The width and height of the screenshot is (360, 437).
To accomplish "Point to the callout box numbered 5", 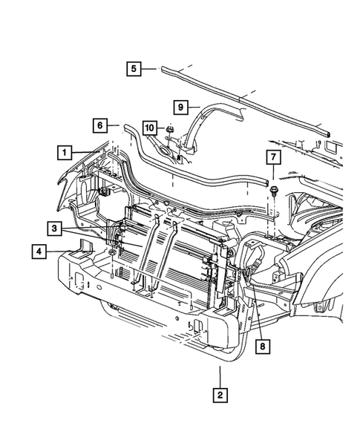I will [x=133, y=69].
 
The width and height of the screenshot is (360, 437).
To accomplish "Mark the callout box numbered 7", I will [x=272, y=159].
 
